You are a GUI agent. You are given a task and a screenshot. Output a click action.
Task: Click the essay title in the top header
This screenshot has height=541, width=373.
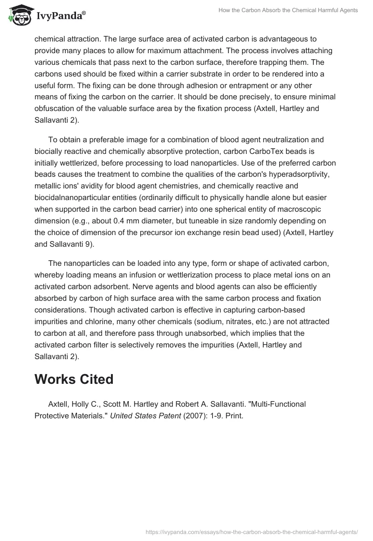[288, 10]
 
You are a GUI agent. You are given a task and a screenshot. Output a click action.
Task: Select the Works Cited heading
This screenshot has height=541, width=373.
[74, 379]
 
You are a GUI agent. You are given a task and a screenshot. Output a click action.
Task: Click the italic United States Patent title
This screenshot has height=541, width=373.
[145, 416]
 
